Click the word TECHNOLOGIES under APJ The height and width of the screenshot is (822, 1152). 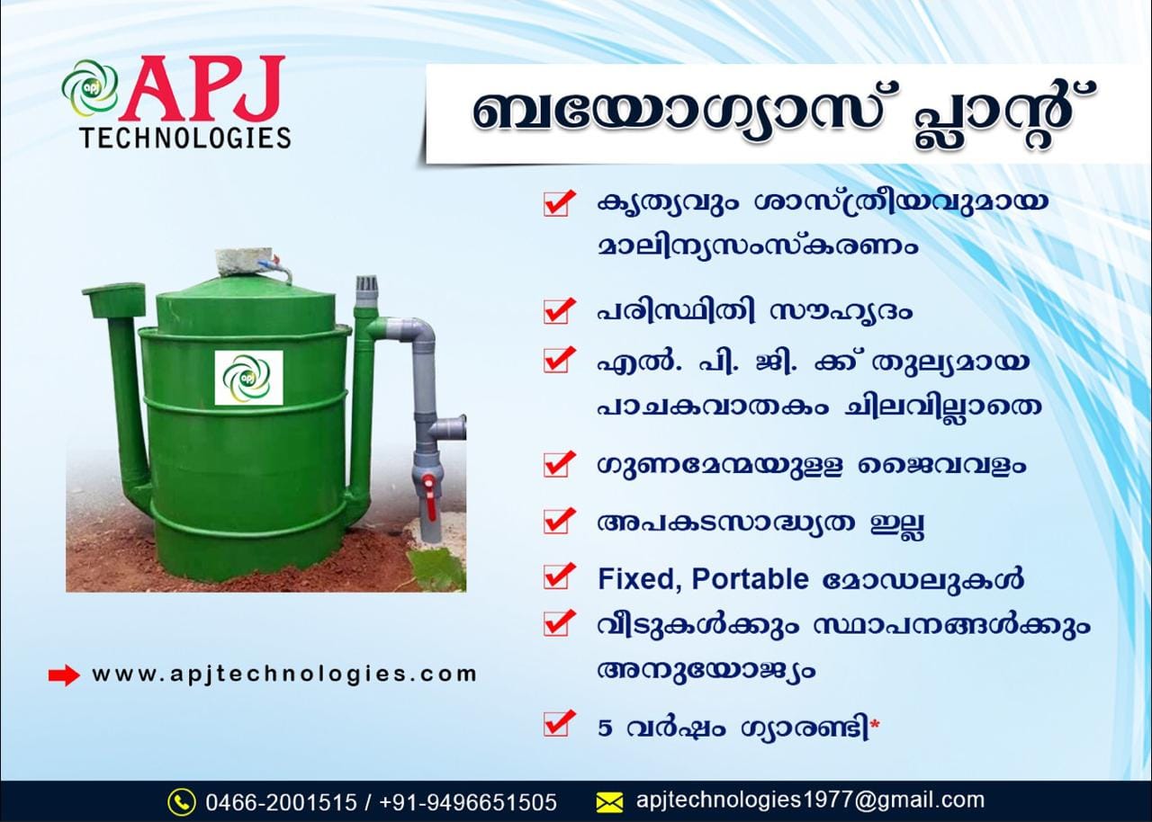point(186,138)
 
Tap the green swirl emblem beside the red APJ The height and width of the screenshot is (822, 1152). point(91,88)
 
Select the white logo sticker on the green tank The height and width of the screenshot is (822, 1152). point(248,378)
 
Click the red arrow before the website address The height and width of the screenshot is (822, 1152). point(64,675)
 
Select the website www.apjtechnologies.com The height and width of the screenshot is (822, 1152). point(284,675)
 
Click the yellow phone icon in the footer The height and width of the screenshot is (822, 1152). point(182,802)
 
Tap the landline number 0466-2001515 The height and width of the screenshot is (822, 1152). point(281,802)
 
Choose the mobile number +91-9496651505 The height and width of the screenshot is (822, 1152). point(468,802)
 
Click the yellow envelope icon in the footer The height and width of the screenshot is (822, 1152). point(609,802)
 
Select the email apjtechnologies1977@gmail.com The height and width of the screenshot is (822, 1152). point(811,800)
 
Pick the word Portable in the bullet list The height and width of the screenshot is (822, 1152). point(751,579)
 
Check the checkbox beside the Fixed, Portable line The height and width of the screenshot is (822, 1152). point(558,576)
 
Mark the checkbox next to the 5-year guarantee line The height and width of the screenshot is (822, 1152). point(558,724)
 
